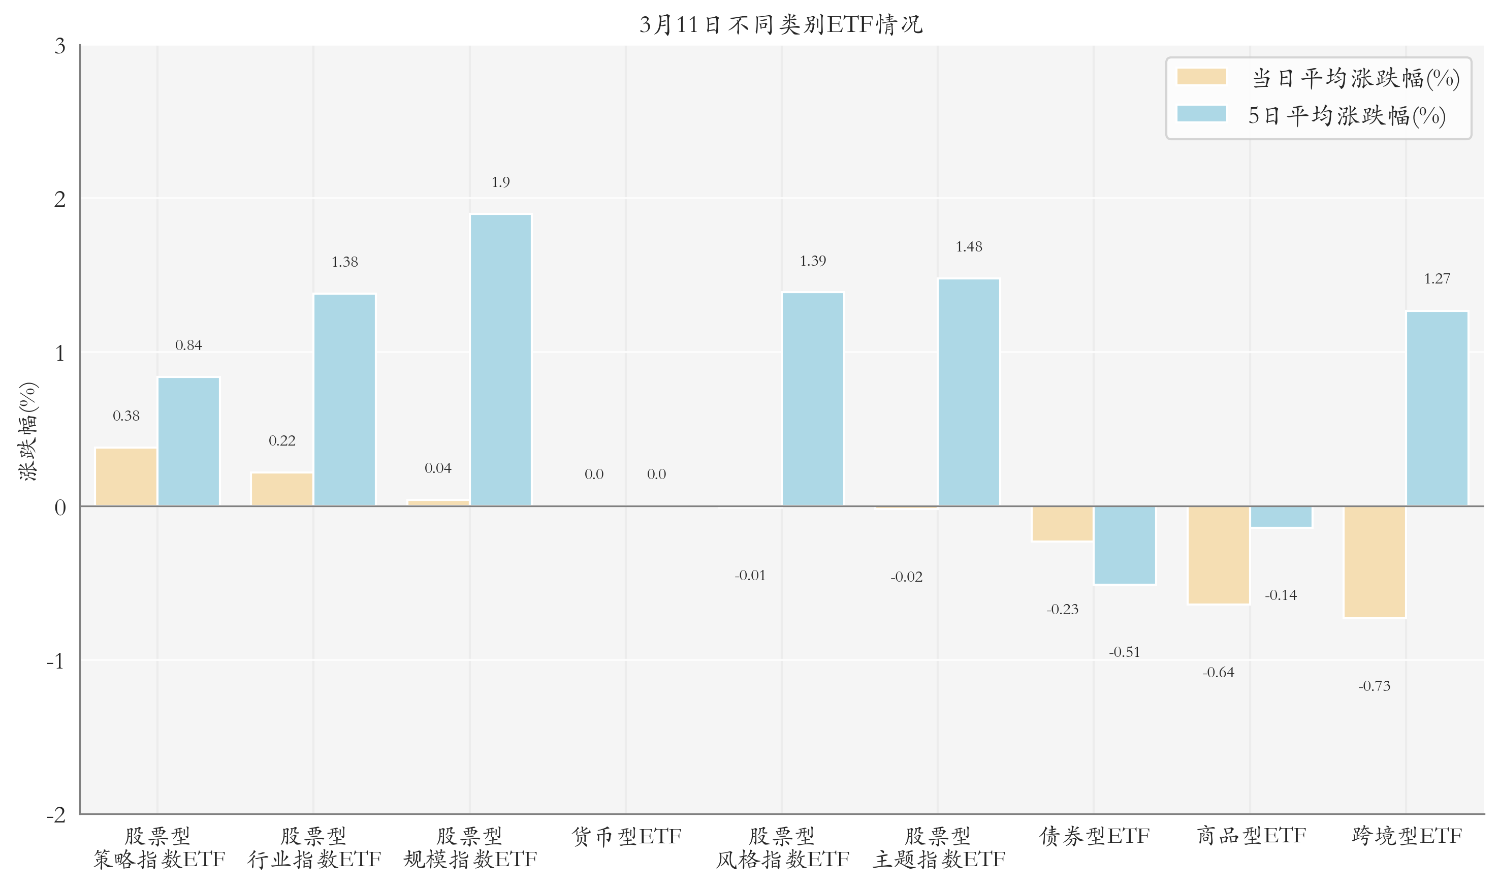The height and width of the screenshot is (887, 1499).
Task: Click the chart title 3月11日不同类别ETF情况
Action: pyautogui.click(x=781, y=24)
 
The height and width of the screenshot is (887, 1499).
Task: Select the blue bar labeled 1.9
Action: pyautogui.click(x=501, y=360)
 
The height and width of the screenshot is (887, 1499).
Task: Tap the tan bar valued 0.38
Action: pyautogui.click(x=126, y=477)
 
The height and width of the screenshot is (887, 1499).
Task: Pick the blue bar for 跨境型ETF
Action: pyautogui.click(x=1437, y=408)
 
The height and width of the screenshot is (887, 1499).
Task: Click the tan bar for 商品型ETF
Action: pyautogui.click(x=1218, y=555)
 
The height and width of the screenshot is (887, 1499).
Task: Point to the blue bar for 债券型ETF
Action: pyautogui.click(x=1125, y=545)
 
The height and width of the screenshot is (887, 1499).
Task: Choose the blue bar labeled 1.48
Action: pyautogui.click(x=969, y=392)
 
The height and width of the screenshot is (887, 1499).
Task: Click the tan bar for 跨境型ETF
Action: pyautogui.click(x=1374, y=562)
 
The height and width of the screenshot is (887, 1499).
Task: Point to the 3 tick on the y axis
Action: pyautogui.click(x=60, y=46)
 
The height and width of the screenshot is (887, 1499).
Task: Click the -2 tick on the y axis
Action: pyautogui.click(x=56, y=814)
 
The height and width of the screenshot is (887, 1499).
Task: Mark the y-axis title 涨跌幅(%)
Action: pyautogui.click(x=28, y=431)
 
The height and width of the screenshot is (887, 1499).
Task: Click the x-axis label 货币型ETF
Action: pyautogui.click(x=626, y=836)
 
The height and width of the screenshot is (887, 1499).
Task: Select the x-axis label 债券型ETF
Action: pyautogui.click(x=1094, y=836)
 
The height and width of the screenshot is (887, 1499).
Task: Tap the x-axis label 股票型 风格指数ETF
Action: pyautogui.click(x=782, y=847)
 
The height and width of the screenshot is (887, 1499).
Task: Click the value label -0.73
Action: pyautogui.click(x=1374, y=686)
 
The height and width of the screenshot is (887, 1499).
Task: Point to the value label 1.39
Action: pyautogui.click(x=813, y=261)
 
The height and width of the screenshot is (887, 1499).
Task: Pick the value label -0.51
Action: pyautogui.click(x=1125, y=651)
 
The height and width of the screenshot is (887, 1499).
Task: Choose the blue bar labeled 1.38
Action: pyautogui.click(x=345, y=399)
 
